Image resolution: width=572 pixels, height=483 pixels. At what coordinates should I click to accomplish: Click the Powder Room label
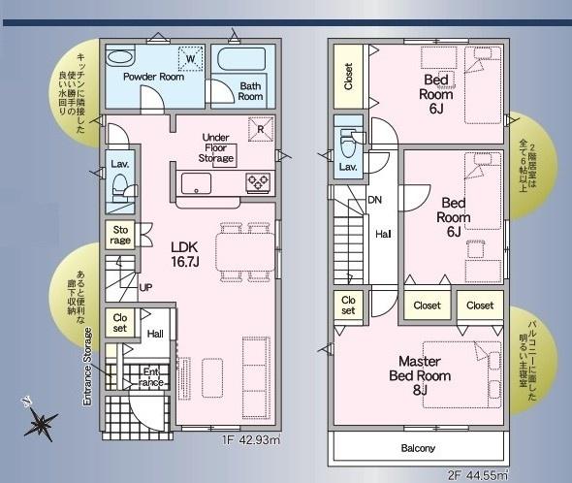click(x=153, y=77)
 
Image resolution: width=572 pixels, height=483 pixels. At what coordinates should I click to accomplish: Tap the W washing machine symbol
click(x=190, y=58)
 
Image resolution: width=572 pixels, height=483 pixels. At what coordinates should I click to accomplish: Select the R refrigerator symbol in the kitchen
click(x=261, y=129)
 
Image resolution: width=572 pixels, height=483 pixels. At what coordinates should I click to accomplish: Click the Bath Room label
click(x=250, y=91)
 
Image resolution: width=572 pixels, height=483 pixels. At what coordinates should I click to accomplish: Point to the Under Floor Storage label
click(x=216, y=147)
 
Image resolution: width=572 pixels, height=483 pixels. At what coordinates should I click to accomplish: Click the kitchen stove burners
click(x=258, y=181)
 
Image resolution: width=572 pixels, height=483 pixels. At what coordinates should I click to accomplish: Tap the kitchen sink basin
click(x=196, y=183)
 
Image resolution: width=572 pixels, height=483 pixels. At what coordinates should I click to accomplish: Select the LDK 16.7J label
click(x=185, y=254)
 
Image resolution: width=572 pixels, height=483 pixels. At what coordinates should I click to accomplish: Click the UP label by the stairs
click(x=145, y=287)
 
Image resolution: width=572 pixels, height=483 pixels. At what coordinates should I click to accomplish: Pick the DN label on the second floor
click(x=374, y=200)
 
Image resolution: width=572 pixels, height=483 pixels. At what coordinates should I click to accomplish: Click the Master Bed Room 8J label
click(x=420, y=375)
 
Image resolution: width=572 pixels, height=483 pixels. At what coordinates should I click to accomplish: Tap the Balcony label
click(x=418, y=448)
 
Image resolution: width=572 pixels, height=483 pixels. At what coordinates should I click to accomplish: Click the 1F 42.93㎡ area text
click(x=251, y=439)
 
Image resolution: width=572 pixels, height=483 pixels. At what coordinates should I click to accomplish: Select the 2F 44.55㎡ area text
click(x=478, y=475)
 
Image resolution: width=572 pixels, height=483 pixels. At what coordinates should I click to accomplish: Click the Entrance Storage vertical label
click(x=87, y=367)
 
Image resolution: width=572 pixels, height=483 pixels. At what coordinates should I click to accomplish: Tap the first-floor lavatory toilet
click(x=121, y=188)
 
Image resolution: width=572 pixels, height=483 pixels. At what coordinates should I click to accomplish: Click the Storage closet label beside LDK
click(x=120, y=235)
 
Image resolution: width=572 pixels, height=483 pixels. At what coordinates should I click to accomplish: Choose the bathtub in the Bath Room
click(x=241, y=58)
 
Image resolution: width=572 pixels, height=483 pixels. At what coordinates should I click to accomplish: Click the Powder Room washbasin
click(x=121, y=57)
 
